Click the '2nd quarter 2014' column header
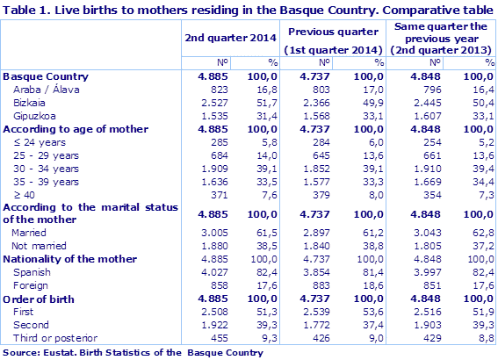[x=230, y=39]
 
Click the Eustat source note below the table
[x=133, y=352]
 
